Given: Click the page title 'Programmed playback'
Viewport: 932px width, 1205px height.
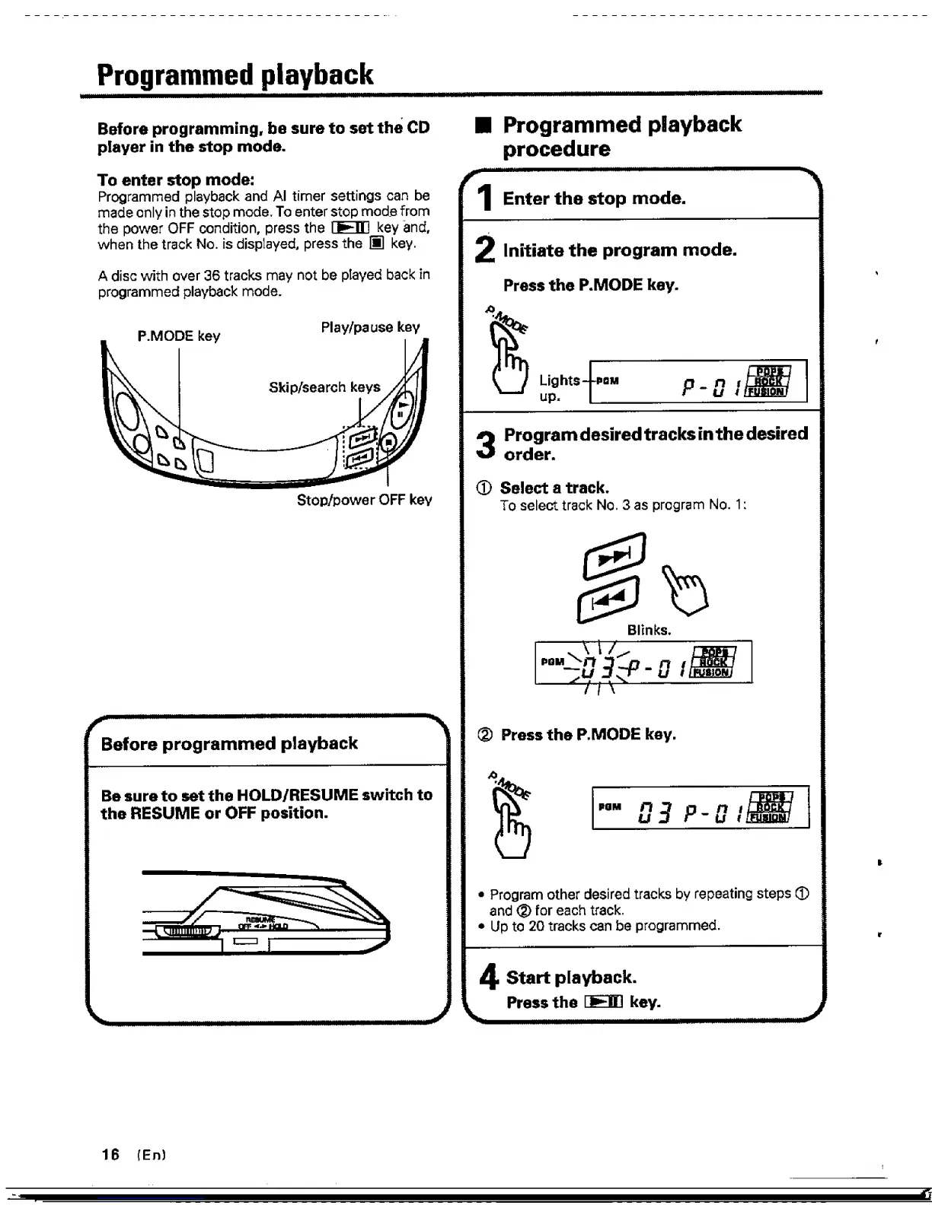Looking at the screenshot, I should (235, 75).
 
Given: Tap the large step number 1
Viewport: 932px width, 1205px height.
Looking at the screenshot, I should (483, 199).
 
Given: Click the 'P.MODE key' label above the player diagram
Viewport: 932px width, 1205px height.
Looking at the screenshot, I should (178, 336).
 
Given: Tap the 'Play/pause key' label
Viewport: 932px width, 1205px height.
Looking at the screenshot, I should (370, 327).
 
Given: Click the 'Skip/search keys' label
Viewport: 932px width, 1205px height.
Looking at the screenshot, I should (324, 387).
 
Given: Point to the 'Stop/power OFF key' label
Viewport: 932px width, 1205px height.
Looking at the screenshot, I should (364, 500).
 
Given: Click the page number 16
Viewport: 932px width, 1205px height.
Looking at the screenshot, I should (110, 1154).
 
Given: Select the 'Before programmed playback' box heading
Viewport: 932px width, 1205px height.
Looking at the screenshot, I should (229, 743).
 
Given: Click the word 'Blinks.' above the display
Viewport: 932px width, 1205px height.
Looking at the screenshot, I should (649, 630).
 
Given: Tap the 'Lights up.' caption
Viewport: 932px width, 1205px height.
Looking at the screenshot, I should (559, 387).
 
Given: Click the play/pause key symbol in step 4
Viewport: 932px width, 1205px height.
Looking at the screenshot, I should (604, 1003).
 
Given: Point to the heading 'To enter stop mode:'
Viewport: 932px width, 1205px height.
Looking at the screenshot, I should (176, 180).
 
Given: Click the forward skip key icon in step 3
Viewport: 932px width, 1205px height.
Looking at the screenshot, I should (614, 558).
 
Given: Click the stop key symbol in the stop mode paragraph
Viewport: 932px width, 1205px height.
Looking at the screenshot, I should (376, 244).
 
